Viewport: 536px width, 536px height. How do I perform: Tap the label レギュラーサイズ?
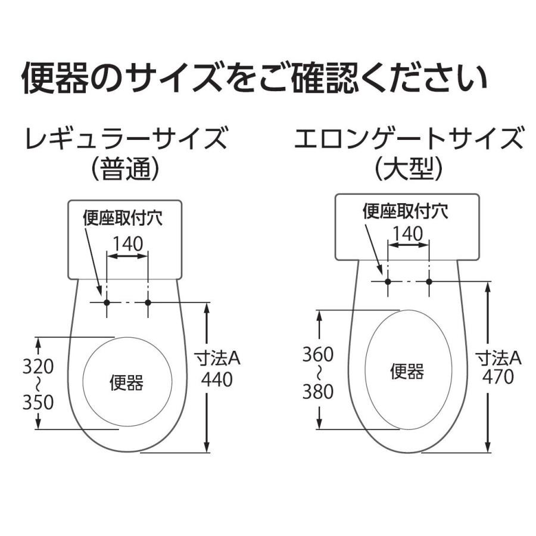(126, 141)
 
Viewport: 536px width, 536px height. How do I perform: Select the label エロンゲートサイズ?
(409, 141)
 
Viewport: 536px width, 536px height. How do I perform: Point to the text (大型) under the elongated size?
(409, 170)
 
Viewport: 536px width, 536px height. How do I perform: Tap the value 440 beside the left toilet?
(217, 379)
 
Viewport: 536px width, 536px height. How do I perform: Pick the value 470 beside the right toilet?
(498, 377)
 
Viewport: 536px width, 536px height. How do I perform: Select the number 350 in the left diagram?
(38, 403)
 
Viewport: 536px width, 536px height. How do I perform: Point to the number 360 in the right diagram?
(318, 355)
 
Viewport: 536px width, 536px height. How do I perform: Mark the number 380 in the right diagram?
(318, 391)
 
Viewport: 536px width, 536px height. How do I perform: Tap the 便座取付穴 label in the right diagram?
(406, 210)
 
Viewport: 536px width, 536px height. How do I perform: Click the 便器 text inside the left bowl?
(126, 382)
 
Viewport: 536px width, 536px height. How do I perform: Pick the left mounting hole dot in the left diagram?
(107, 303)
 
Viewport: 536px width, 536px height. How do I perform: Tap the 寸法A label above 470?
(498, 358)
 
